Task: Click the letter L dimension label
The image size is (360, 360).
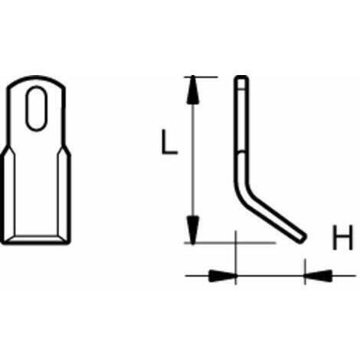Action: pos(169,142)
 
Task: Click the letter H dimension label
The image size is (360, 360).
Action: pos(342,237)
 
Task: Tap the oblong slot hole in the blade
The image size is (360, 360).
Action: pos(37,109)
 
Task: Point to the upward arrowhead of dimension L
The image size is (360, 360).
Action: pos(193,90)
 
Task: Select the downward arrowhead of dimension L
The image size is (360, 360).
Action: pos(193,230)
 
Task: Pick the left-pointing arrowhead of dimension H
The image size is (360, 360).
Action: pos(318,276)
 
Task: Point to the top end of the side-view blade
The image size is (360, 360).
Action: pos(241,78)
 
